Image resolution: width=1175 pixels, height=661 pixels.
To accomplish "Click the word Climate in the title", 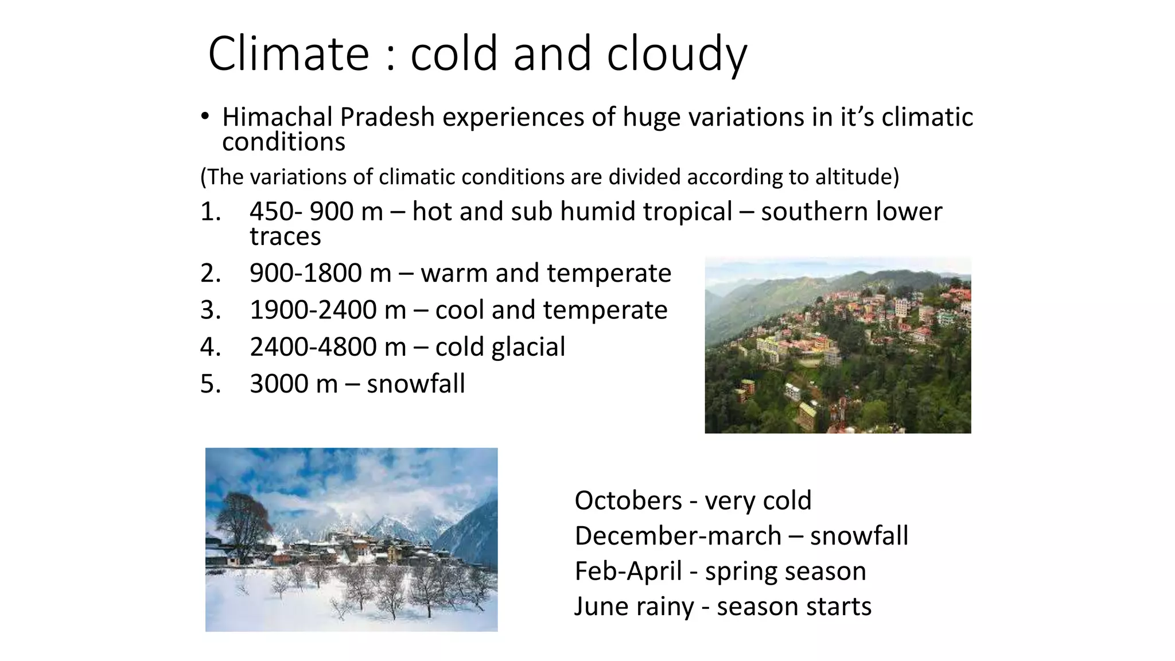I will (289, 54).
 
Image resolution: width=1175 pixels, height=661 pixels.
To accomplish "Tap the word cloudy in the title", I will (677, 54).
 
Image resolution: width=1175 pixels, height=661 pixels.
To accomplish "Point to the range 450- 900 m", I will (316, 212).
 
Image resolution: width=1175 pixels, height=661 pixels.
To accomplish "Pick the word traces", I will (285, 236).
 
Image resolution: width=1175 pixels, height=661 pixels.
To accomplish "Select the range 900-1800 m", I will (320, 273).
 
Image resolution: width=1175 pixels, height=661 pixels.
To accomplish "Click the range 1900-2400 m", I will (328, 310).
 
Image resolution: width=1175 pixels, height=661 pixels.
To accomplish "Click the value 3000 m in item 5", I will (294, 384).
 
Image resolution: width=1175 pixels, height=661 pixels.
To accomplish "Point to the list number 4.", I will (210, 347).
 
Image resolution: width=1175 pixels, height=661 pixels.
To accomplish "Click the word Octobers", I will (628, 501).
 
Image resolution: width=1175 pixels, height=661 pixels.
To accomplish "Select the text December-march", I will (678, 536).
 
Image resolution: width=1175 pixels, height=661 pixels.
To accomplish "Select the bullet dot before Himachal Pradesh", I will (205, 117).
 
